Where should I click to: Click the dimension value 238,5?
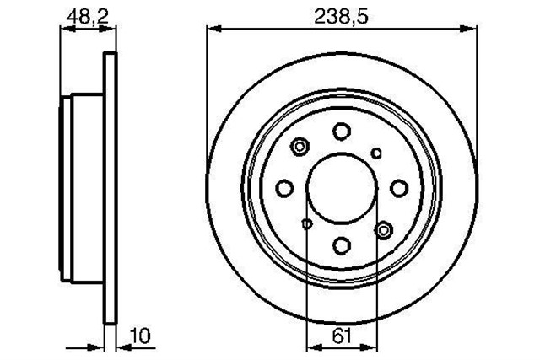pyautogui.click(x=342, y=14)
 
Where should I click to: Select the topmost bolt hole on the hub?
pyautogui.click(x=342, y=132)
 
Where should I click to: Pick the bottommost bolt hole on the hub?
pyautogui.click(x=342, y=244)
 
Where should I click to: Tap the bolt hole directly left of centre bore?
pyautogui.click(x=286, y=188)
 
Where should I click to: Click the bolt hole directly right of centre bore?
pyautogui.click(x=398, y=188)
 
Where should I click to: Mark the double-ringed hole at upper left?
pyautogui.click(x=300, y=148)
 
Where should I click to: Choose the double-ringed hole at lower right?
pyautogui.click(x=385, y=228)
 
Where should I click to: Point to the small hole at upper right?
pyautogui.click(x=376, y=153)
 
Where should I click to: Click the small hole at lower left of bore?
pyautogui.click(x=307, y=223)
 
